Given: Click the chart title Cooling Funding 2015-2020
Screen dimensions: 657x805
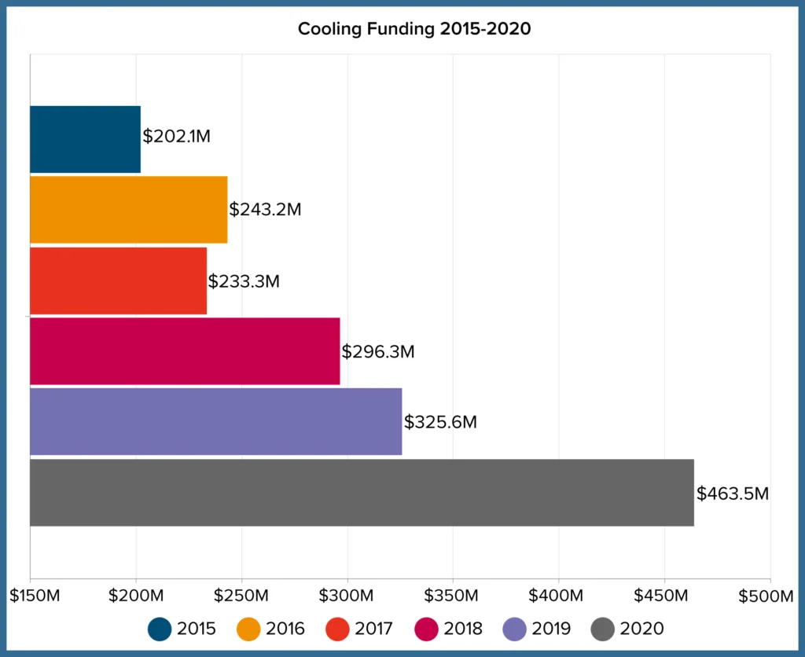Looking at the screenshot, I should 414,30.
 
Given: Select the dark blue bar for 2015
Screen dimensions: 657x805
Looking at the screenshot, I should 85,139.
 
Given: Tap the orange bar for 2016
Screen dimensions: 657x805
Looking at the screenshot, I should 128,210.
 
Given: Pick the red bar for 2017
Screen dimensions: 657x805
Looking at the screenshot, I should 118,281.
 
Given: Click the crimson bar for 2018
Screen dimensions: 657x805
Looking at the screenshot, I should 185,351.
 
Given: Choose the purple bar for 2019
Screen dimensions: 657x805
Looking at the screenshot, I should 215,422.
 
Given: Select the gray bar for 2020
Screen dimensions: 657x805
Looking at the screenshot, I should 362,493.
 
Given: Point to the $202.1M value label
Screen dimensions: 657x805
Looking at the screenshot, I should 176,136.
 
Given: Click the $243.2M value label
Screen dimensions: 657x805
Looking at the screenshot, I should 265,210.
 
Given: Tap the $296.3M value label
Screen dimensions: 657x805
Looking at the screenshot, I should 378,352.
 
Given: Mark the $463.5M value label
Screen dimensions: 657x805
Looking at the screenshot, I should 732,494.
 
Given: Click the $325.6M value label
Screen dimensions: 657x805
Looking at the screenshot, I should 440,422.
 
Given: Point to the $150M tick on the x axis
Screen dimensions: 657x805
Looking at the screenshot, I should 35,596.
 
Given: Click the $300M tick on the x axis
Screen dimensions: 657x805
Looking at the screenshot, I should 347,596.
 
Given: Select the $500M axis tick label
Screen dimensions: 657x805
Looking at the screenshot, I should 766,596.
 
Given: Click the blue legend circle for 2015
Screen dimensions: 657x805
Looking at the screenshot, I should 160,629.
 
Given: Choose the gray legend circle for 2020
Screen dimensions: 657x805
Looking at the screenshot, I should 602,629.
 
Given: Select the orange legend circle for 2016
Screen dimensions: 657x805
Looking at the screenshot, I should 248,629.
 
